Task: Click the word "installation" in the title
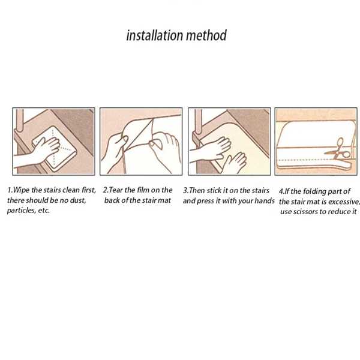pos(154,35)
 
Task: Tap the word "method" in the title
pos(206,35)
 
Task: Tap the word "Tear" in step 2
pos(116,190)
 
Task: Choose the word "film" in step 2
pos(143,190)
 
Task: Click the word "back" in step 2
pos(112,200)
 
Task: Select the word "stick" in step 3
pos(214,191)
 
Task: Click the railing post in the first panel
pos(20,121)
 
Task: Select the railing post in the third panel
pos(198,122)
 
